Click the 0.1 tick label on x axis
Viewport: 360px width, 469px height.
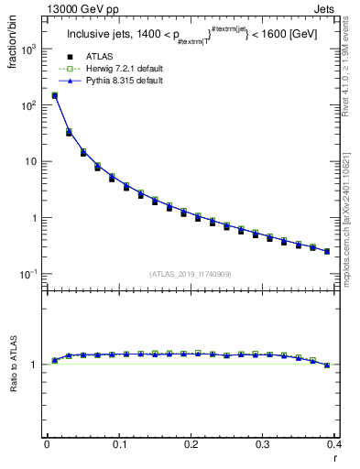coord(119,444)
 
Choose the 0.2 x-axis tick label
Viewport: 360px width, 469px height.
coord(191,444)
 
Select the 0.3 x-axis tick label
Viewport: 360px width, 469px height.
coord(263,444)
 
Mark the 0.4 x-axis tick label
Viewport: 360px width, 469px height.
coord(334,444)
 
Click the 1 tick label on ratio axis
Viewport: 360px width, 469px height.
coord(33,365)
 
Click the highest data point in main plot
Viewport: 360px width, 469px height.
coord(54,95)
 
